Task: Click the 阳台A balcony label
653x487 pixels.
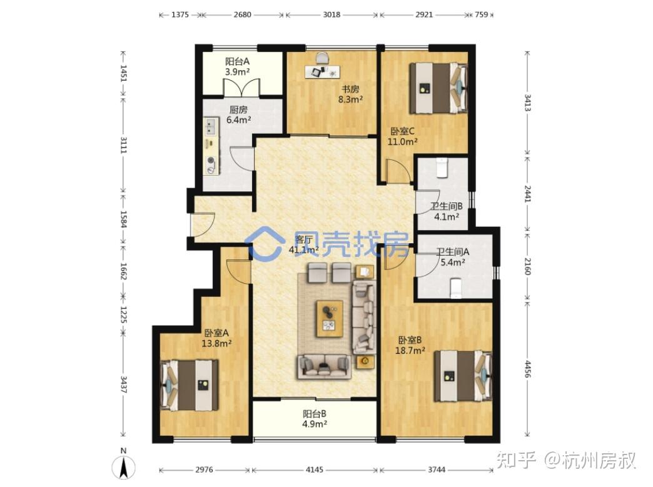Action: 238,62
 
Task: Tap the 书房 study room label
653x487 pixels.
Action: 350,89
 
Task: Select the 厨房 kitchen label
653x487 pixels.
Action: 238,110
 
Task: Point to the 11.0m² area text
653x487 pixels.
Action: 403,141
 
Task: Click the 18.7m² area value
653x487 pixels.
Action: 410,351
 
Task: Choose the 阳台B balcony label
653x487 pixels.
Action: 315,414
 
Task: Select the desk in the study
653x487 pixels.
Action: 322,72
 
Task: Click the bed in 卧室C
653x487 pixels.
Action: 438,88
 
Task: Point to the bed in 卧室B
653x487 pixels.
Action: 463,376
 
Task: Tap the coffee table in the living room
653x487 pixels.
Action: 330,318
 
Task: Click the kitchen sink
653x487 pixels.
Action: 210,126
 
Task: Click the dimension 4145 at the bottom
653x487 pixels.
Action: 315,469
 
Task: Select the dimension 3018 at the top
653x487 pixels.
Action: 332,14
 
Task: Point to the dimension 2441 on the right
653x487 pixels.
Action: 527,194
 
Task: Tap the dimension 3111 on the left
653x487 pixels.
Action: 123,145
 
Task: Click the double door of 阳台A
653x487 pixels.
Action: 241,88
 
